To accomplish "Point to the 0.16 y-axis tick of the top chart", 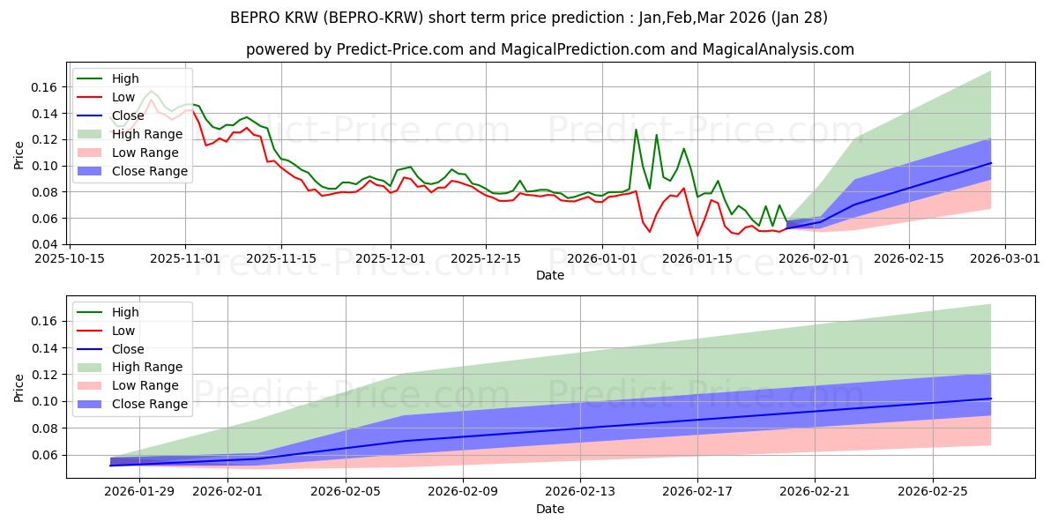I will (x=44, y=87).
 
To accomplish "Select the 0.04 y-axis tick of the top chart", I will (x=44, y=244).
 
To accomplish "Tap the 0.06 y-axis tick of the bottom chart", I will (x=44, y=455).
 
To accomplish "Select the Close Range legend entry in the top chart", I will (x=149, y=171).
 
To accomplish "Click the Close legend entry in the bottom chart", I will (x=128, y=348).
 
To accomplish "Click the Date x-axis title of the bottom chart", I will (x=550, y=510).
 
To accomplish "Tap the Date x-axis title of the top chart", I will (x=550, y=275).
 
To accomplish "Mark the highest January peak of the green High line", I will (x=636, y=130).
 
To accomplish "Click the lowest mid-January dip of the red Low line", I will (x=697, y=235).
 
